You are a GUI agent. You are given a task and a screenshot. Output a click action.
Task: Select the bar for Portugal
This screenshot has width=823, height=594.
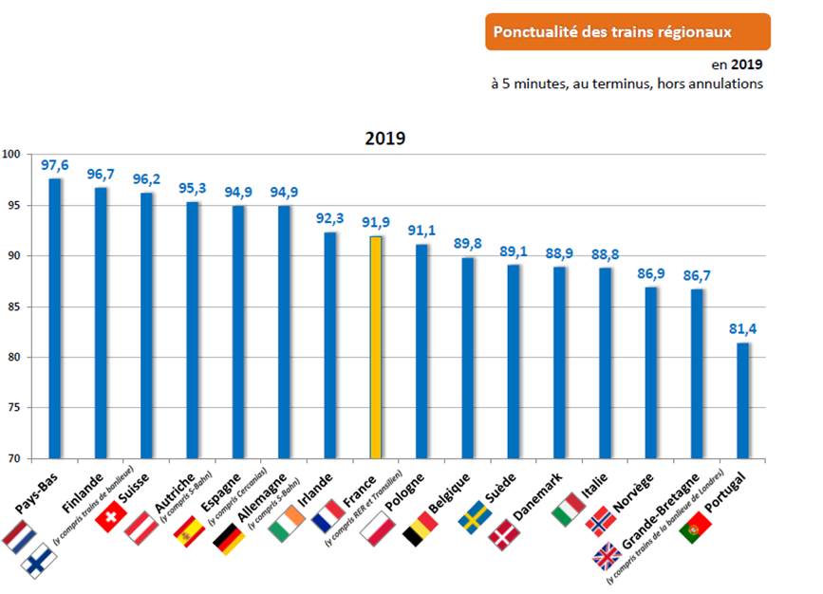742,400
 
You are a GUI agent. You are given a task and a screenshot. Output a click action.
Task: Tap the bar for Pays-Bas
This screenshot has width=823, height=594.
55,318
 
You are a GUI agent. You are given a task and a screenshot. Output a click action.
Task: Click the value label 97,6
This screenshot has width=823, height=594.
55,165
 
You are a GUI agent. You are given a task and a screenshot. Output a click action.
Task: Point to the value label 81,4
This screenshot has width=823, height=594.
742,328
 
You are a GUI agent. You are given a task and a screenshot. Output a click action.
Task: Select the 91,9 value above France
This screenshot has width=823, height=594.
376,223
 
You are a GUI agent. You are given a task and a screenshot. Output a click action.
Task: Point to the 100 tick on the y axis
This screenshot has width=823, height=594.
10,155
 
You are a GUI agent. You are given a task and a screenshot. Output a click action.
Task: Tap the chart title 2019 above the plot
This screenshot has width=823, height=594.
385,138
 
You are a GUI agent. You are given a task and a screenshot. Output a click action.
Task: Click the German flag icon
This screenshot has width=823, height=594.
228,538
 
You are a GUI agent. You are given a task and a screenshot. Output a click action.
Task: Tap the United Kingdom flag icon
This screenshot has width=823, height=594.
607,558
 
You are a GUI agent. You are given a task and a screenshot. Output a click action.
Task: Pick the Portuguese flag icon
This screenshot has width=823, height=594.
696,527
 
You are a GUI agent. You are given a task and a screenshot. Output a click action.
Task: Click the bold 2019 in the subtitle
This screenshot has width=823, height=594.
748,65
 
